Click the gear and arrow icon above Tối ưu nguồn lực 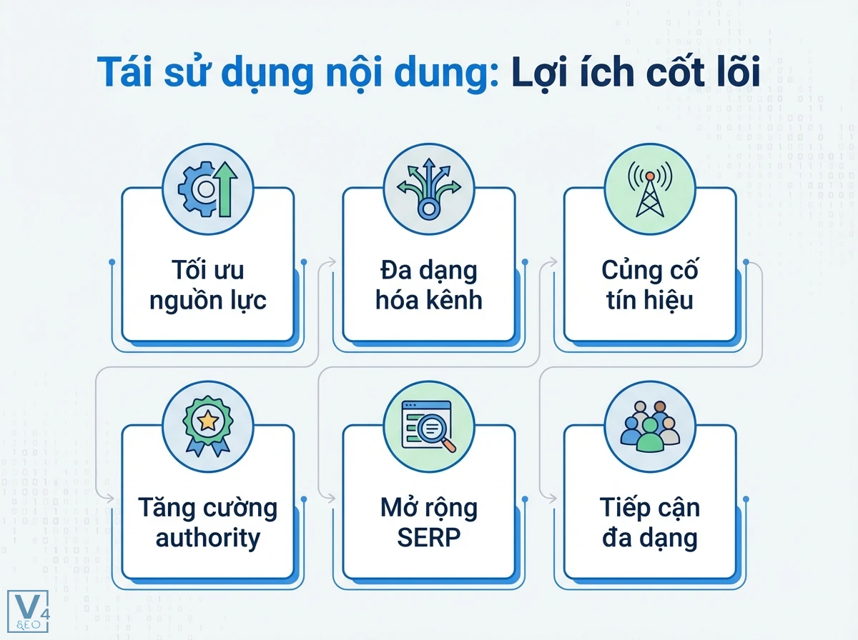coord(207,188)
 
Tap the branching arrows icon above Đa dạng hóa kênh coord(428,188)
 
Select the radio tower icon coord(650,188)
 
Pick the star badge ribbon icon coord(207,426)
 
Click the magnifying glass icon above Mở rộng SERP coord(428,426)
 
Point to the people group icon coord(650,426)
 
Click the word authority coord(207,537)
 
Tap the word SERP coord(428,537)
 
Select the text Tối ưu coord(207,271)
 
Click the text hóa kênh coord(428,300)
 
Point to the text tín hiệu coord(650,300)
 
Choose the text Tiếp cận coord(650,509)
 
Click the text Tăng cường coord(207,509)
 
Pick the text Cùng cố coord(650,271)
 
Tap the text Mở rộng coord(428,509)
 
